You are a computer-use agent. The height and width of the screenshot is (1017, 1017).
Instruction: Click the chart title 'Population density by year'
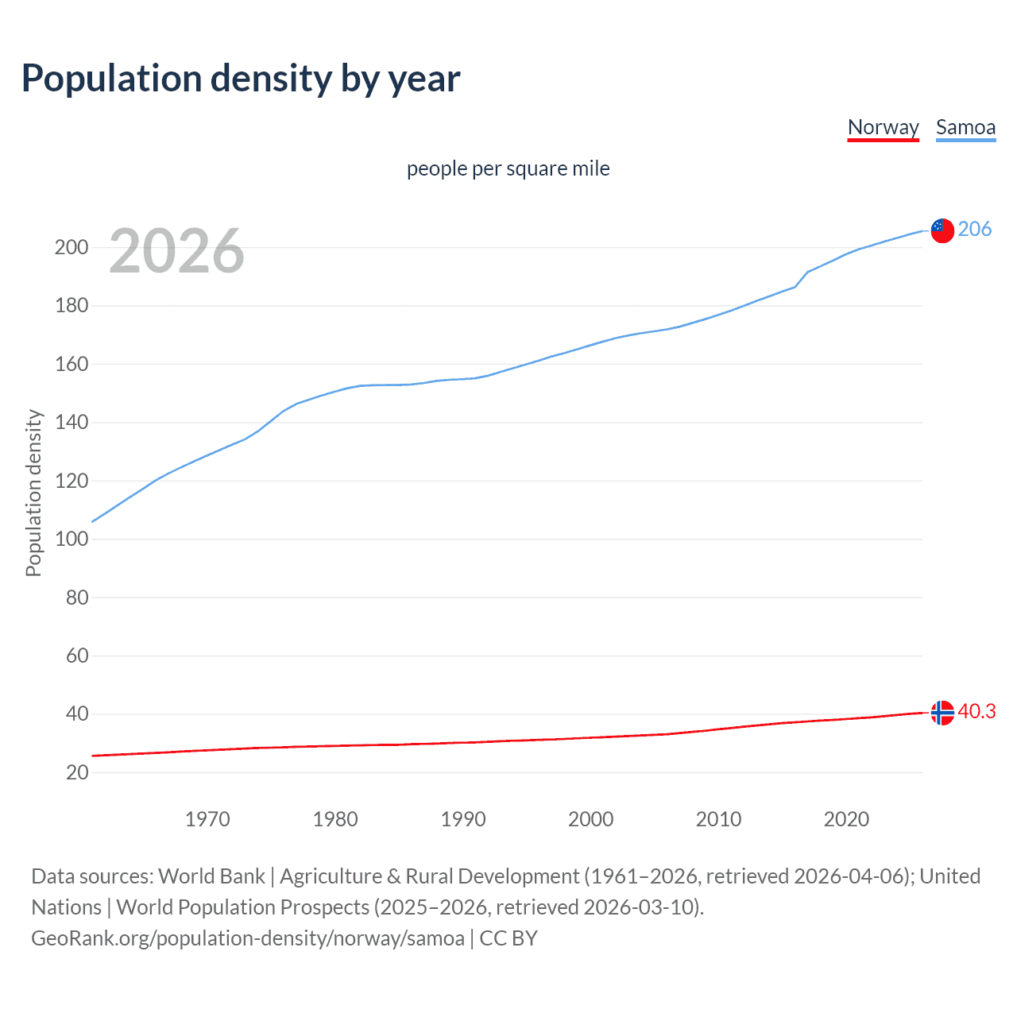[241, 79]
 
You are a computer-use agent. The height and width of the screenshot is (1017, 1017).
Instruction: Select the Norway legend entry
[883, 127]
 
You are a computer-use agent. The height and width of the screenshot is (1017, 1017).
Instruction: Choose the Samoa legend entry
[965, 127]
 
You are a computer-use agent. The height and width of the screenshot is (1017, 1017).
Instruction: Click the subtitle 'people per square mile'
[508, 169]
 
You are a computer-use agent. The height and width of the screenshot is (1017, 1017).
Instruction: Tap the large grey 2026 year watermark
[176, 251]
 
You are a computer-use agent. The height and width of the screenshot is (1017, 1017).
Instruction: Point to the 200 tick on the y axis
[72, 247]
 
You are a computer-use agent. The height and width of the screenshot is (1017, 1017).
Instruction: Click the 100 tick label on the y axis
[72, 539]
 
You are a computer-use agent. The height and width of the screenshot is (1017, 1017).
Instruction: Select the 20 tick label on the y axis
[76, 772]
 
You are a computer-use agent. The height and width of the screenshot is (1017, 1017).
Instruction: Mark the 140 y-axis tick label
[72, 422]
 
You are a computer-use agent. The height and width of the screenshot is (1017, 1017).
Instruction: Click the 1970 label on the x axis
[207, 819]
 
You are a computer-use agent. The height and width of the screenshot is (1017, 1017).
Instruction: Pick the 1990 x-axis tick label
[463, 819]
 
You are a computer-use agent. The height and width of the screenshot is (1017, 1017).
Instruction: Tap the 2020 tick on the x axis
[846, 819]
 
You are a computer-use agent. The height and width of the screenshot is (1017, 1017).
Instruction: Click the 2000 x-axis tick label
[591, 819]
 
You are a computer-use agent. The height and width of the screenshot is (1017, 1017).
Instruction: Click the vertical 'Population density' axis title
[33, 493]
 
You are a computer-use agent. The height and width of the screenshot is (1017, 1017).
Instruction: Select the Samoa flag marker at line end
[942, 230]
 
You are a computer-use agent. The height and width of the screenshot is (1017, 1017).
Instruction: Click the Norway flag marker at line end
[942, 713]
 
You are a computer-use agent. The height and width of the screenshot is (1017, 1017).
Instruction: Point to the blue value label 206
[975, 229]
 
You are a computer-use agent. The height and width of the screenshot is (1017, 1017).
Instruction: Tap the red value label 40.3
[976, 711]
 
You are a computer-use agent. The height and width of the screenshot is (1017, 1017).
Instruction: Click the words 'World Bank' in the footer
[211, 876]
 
